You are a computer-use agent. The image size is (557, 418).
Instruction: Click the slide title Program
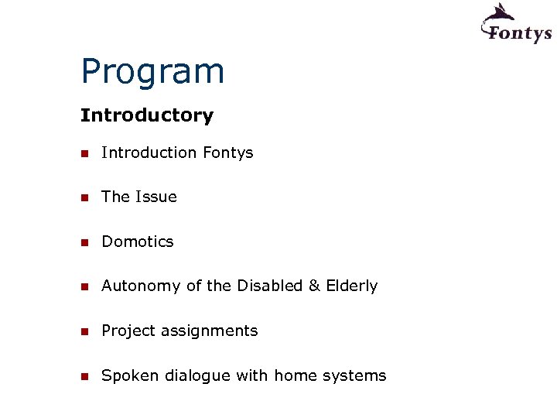click(152, 72)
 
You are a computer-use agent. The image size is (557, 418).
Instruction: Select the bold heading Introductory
click(147, 115)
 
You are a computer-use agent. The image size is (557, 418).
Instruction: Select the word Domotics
click(138, 242)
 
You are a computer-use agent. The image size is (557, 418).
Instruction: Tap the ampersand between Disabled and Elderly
click(314, 286)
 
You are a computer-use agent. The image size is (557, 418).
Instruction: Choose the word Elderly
click(352, 286)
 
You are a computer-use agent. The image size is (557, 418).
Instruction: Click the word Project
click(128, 331)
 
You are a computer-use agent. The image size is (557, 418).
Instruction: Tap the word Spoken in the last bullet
click(128, 376)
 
